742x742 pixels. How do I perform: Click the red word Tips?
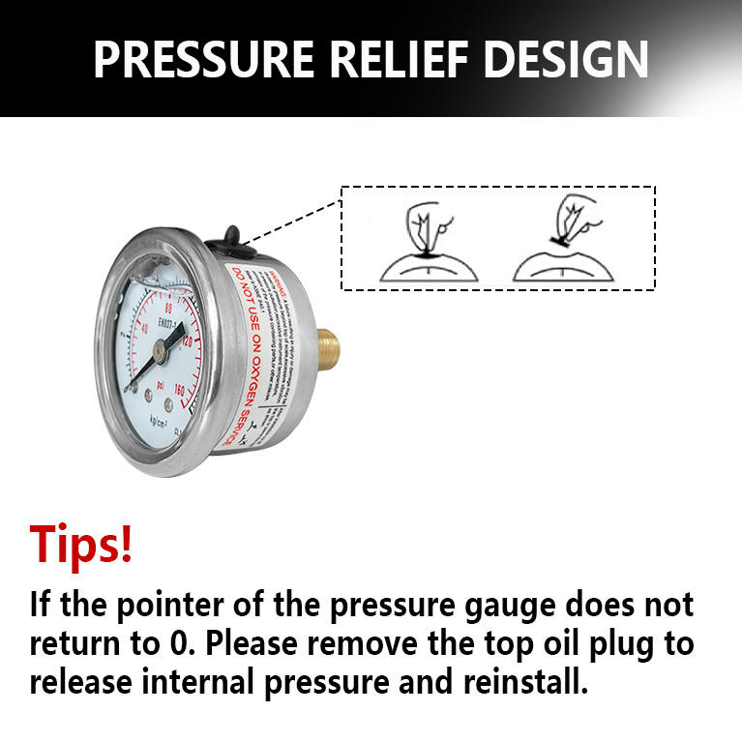pyautogui.click(x=81, y=544)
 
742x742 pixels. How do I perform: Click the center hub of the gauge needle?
pyautogui.click(x=161, y=355)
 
